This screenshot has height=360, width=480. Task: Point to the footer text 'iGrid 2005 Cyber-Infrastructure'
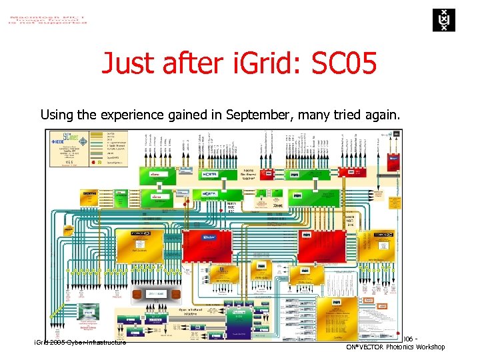(x=80, y=342)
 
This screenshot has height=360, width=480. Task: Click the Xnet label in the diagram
(x=277, y=206)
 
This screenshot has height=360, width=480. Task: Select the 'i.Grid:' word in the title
(x=265, y=64)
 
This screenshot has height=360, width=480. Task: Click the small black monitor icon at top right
(x=397, y=134)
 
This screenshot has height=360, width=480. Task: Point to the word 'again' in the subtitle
(x=381, y=115)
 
